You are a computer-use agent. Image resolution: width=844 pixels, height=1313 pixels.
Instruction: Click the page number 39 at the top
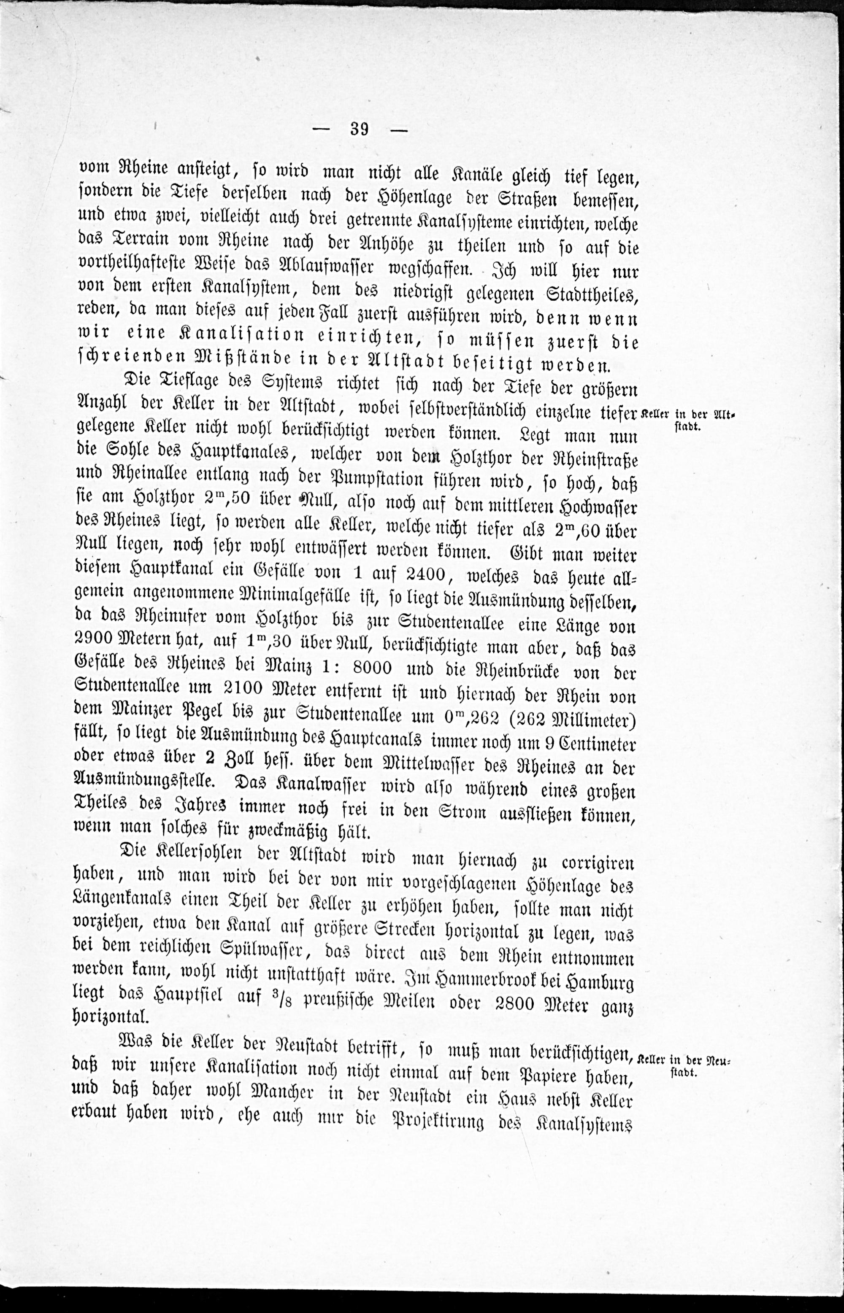point(360,130)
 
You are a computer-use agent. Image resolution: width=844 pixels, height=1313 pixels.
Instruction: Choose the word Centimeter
point(598,744)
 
